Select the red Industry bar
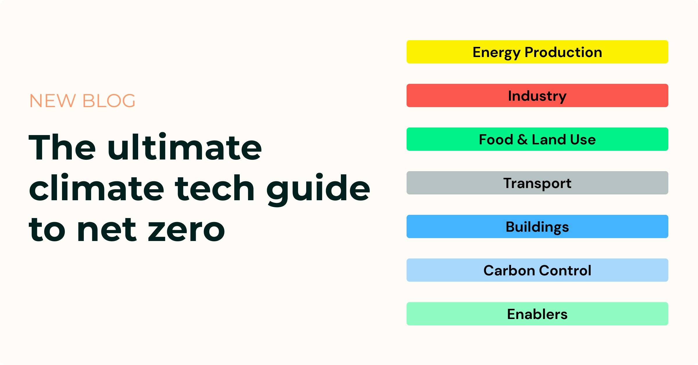click(537, 95)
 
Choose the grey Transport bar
click(537, 183)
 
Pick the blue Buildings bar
click(537, 226)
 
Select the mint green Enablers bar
click(537, 314)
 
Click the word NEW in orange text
click(53, 101)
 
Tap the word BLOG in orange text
click(109, 101)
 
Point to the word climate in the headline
click(96, 188)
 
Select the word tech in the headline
click(215, 188)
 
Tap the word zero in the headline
click(186, 230)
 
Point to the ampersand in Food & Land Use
click(522, 139)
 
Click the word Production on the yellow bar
click(563, 52)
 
